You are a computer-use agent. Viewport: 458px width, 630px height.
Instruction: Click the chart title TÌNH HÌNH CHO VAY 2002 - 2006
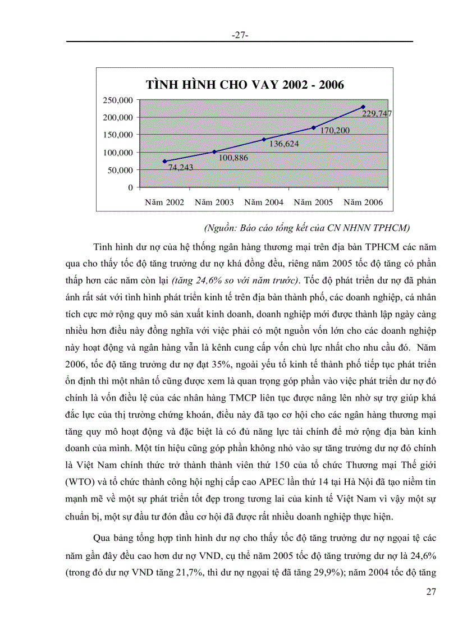tap(245, 85)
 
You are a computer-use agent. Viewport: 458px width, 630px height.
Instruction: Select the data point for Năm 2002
tap(164, 161)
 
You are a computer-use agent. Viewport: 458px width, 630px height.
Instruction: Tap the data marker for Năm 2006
tap(363, 107)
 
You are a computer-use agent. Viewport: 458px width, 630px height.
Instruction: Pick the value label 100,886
tap(233, 158)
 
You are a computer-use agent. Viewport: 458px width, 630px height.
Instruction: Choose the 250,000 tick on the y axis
tap(118, 100)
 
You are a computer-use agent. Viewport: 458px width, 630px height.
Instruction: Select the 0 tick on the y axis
tap(130, 187)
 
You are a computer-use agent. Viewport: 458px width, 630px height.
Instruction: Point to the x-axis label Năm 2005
tap(313, 203)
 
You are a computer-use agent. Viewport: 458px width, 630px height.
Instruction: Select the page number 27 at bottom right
tap(430, 591)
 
